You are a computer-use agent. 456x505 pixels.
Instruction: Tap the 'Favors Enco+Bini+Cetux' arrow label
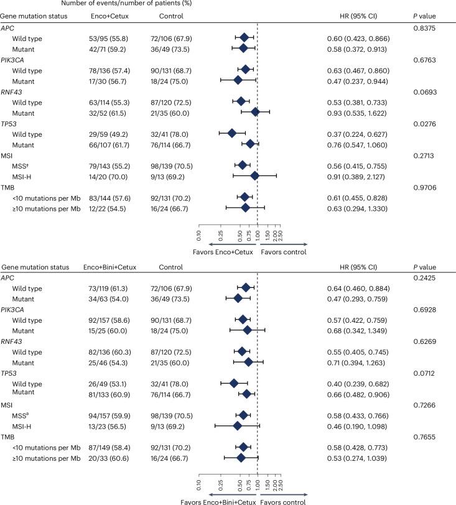[x=216, y=500]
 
